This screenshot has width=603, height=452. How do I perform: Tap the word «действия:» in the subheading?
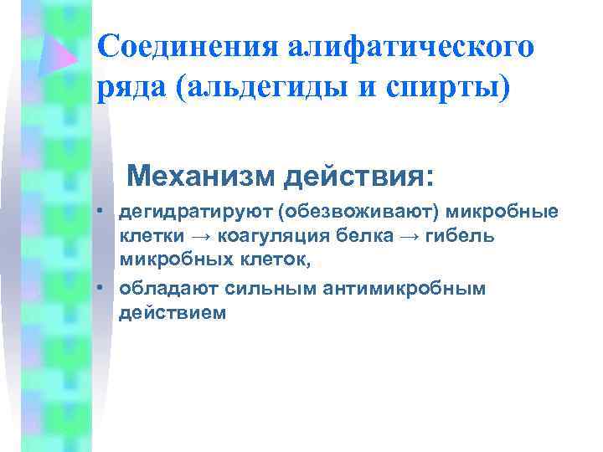[360, 177]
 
